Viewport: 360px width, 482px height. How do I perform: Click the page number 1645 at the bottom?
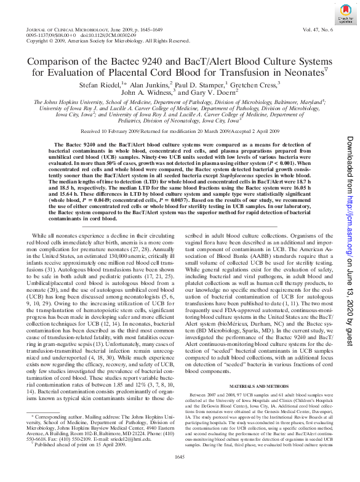(180, 472)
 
